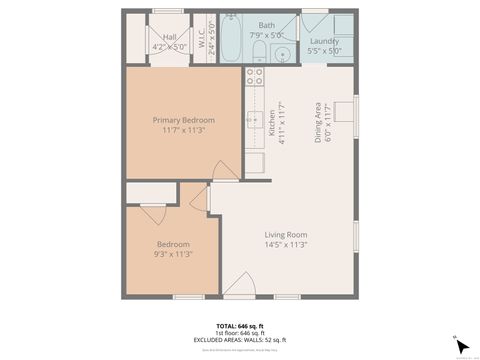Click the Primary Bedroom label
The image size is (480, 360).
click(x=183, y=120)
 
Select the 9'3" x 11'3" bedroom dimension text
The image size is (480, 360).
click(x=172, y=254)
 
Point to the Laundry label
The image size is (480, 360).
click(x=325, y=41)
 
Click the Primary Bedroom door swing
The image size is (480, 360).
click(x=226, y=170)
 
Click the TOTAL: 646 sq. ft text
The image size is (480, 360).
click(x=239, y=326)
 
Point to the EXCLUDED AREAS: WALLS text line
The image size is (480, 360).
click(x=239, y=340)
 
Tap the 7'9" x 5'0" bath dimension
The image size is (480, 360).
click(x=267, y=34)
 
